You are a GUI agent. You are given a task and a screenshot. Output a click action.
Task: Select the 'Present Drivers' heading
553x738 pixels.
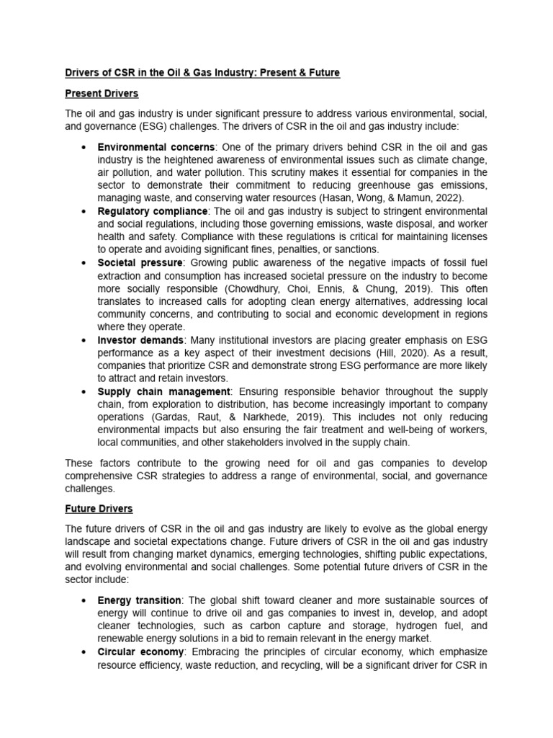coord(102,94)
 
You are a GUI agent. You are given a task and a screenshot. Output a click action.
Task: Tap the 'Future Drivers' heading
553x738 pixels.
coord(99,508)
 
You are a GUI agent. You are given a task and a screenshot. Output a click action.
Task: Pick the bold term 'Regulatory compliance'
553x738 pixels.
coord(153,210)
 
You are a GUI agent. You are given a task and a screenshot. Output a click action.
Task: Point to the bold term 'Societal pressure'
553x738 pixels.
coord(140,263)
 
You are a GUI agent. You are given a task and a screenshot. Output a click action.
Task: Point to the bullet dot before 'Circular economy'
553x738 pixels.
coord(84,653)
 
